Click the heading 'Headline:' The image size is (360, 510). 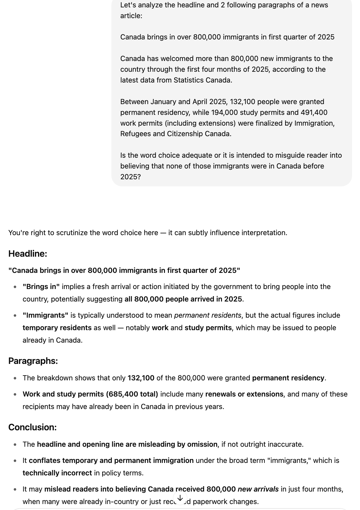click(x=27, y=254)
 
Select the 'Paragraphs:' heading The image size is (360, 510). click(x=33, y=361)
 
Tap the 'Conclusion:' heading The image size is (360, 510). click(x=32, y=427)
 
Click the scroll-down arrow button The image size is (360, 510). click(x=180, y=498)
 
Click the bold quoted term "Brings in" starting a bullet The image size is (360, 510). click(x=41, y=287)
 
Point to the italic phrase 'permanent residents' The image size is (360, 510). click(x=207, y=315)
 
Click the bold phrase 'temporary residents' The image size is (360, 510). click(x=57, y=328)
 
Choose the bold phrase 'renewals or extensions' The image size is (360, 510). click(x=244, y=394)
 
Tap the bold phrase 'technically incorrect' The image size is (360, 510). click(x=57, y=473)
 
